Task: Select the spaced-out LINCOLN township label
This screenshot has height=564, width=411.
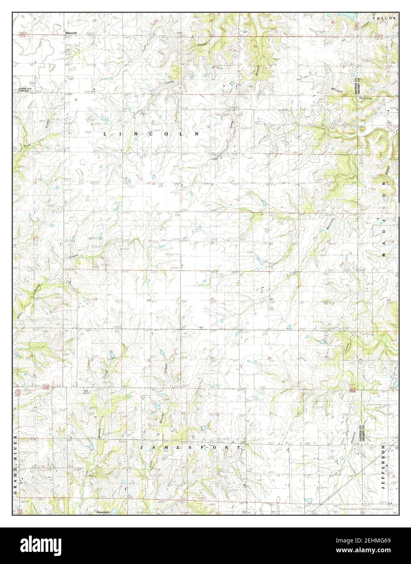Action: pos(151,133)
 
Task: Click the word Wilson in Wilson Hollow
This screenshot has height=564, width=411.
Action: pos(337,90)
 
